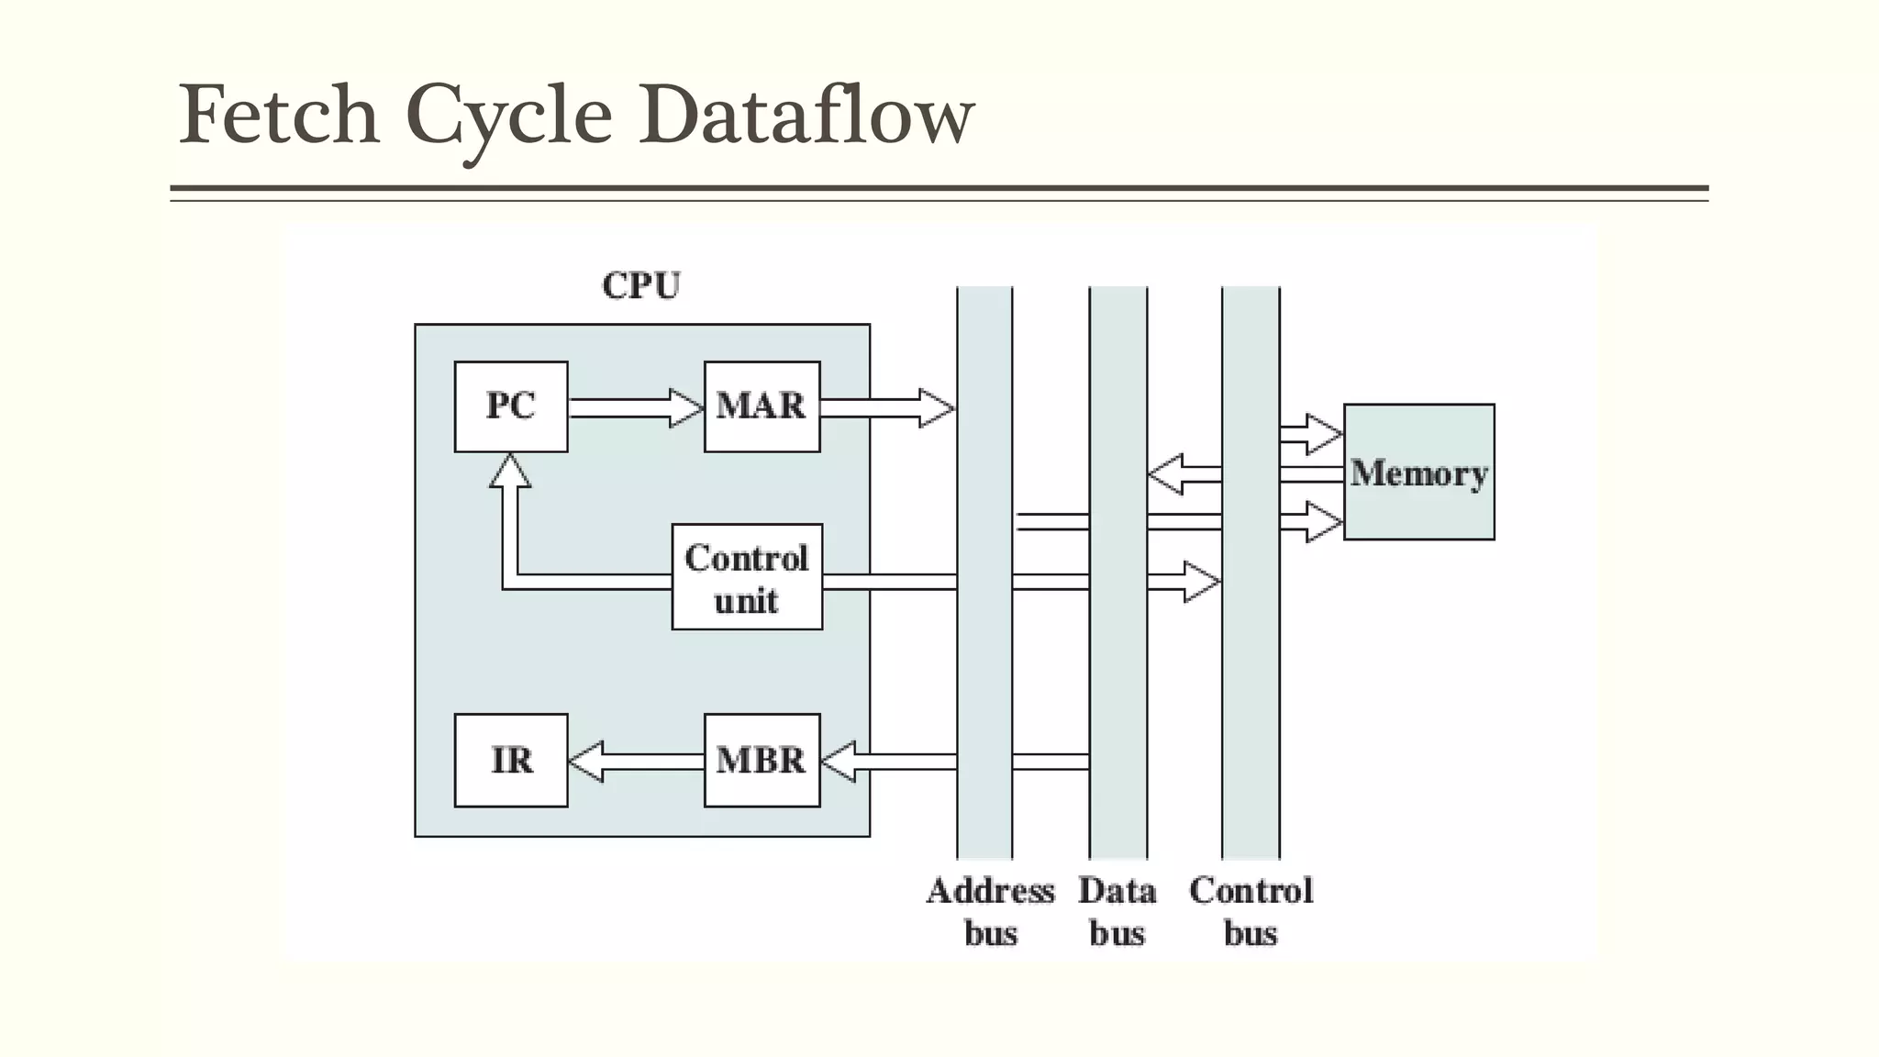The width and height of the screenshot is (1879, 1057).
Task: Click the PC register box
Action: pos(511,406)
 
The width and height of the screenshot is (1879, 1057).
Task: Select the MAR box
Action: pos(762,406)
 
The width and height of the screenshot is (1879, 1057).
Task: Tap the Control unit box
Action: pos(747,577)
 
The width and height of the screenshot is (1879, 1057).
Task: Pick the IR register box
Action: pos(511,761)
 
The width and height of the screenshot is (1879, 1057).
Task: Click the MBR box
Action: pos(762,761)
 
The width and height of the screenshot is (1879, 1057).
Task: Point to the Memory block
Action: pos(1418,472)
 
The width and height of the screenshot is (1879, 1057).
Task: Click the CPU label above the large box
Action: pos(641,285)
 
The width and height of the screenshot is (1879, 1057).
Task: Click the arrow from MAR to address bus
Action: pos(886,407)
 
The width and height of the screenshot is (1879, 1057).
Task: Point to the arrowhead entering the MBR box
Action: pos(839,762)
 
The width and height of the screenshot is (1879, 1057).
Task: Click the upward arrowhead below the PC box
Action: pos(510,472)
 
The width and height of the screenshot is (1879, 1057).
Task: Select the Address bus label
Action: pos(990,911)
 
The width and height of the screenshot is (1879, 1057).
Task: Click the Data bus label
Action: pos(1117,911)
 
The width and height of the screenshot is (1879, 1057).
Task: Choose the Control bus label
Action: pos(1251,911)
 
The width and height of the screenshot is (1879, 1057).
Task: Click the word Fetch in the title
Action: pos(279,115)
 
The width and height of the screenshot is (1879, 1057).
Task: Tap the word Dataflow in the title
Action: pos(806,115)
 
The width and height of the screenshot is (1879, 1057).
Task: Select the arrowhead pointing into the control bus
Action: pos(1201,582)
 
